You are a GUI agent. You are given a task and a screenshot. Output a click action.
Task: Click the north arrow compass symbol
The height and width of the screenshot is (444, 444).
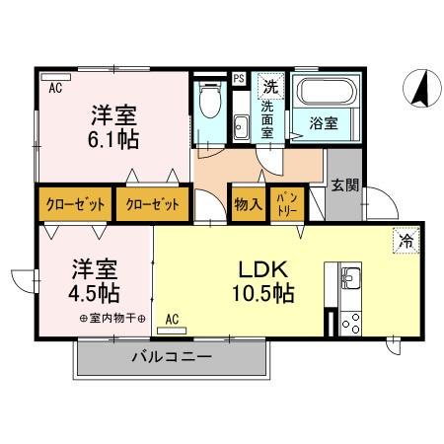tap(420, 90)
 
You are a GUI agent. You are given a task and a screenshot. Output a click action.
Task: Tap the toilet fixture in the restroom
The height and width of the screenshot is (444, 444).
tap(208, 102)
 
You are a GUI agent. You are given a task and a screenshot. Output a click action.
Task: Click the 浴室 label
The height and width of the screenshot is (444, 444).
tap(323, 124)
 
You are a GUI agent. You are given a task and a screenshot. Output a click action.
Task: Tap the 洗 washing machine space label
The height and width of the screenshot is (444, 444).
tap(268, 85)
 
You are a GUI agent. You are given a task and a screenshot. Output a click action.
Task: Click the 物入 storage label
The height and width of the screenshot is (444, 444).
tap(248, 205)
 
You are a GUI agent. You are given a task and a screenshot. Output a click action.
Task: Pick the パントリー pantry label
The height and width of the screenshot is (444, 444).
tap(283, 205)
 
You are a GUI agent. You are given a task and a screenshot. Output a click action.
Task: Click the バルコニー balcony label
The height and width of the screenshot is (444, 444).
tap(172, 358)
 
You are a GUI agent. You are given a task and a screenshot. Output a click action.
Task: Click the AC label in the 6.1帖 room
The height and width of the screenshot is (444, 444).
tap(55, 86)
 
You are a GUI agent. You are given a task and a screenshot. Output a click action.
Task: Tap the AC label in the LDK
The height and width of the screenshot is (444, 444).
tap(173, 319)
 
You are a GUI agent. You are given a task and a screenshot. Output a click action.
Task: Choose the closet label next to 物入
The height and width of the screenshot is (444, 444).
tap(153, 205)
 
